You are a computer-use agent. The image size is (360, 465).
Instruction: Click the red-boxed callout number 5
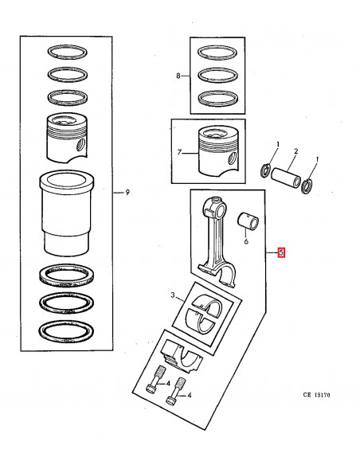point(280,253)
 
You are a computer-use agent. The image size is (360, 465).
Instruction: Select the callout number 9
point(127,192)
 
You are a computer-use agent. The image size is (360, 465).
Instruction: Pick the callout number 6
point(247,240)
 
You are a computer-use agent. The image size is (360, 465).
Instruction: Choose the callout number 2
point(295,150)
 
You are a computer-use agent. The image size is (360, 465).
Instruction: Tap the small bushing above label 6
point(247,218)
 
